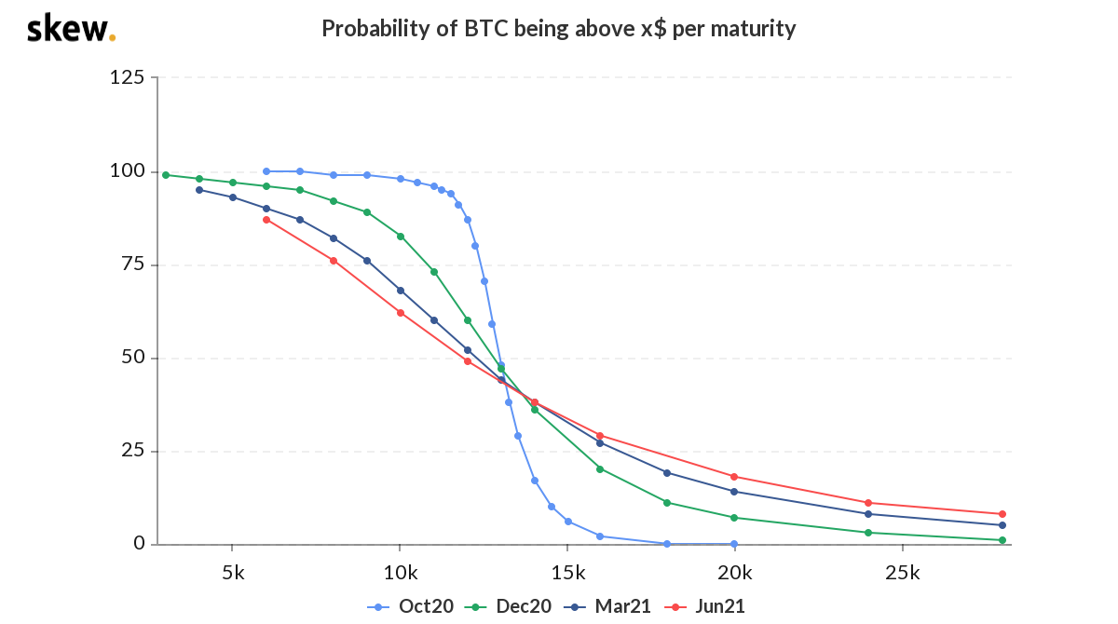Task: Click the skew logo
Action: pyautogui.click(x=71, y=29)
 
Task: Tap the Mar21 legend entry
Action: pyautogui.click(x=609, y=606)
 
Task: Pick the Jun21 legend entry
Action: pyautogui.click(x=707, y=606)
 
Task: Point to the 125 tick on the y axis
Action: pyautogui.click(x=127, y=77)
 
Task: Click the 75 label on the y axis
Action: pyautogui.click(x=132, y=265)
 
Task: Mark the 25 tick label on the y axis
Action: pyautogui.click(x=132, y=451)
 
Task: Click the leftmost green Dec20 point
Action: pyautogui.click(x=166, y=175)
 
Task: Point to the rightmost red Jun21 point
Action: pyautogui.click(x=1002, y=514)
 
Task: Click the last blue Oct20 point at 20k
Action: pyautogui.click(x=734, y=544)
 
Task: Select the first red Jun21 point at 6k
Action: pyautogui.click(x=266, y=220)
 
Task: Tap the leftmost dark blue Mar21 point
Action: pyautogui.click(x=199, y=190)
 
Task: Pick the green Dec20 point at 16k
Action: pyautogui.click(x=600, y=468)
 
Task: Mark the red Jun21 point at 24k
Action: pyautogui.click(x=868, y=503)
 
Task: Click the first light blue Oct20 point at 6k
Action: pyautogui.click(x=266, y=171)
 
